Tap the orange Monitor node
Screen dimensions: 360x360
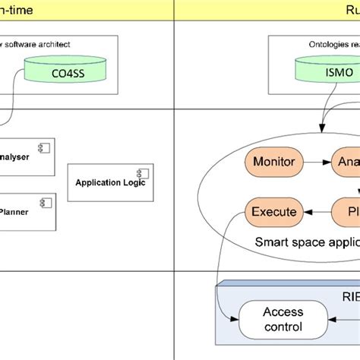pos(273,162)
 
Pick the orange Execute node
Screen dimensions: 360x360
pos(273,211)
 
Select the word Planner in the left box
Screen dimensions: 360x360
pos(14,212)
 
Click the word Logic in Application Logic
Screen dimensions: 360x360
pos(131,182)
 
